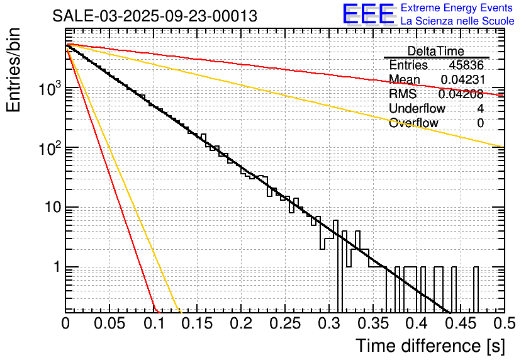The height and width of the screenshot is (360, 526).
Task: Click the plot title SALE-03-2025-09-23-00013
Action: point(155,16)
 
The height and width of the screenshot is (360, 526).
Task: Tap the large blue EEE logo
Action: point(368,14)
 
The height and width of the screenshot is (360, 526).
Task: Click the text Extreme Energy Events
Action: point(457,8)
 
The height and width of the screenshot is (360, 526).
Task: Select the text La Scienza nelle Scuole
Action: point(457,21)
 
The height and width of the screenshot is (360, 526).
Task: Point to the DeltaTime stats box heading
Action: point(435,51)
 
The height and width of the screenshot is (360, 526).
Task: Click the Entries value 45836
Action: point(466,65)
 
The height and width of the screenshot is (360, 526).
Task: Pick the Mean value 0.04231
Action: point(462,80)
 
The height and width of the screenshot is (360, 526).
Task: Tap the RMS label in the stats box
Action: point(403,94)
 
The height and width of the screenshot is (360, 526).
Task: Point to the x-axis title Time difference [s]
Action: point(430,346)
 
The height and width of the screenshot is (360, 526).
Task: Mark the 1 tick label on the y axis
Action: point(56,267)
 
